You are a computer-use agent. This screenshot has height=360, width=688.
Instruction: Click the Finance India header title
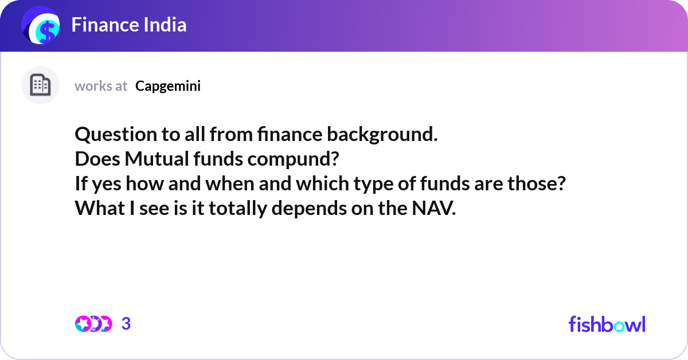(129, 25)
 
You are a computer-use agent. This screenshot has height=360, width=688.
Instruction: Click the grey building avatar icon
(40, 85)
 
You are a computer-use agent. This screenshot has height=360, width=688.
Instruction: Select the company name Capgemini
(168, 86)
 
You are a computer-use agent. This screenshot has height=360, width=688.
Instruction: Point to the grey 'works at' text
(101, 86)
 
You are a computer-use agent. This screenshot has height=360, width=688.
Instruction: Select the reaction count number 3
(126, 324)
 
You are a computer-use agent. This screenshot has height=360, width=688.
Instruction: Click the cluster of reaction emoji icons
(93, 324)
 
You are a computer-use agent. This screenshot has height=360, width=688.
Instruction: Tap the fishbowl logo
(607, 324)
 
